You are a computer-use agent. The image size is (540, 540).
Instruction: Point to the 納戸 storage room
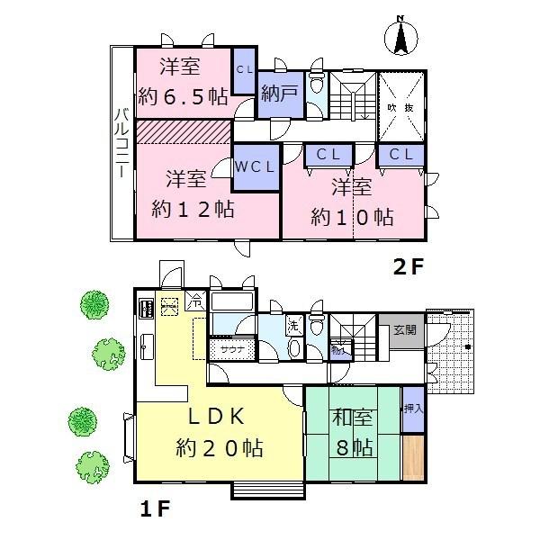(275, 94)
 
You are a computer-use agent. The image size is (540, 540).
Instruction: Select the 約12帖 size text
(193, 209)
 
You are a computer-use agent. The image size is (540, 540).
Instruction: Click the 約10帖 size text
(352, 216)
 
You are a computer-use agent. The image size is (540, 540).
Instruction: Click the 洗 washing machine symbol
(293, 324)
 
